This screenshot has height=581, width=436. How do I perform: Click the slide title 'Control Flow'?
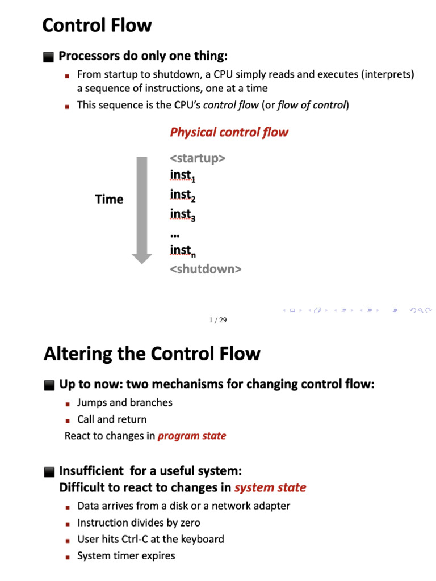(x=97, y=26)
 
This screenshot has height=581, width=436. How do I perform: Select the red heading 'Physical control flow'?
(x=229, y=132)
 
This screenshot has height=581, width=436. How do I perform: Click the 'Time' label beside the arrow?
(x=109, y=199)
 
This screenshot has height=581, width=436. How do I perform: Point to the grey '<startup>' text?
(x=198, y=158)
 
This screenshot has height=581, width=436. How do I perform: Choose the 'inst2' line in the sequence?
(x=182, y=195)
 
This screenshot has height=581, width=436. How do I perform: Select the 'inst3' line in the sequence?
(x=182, y=214)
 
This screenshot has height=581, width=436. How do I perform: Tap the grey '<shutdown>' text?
(x=206, y=269)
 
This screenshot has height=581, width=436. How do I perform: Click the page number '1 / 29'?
(x=217, y=320)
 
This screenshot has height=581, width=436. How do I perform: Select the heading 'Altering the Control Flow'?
(x=152, y=354)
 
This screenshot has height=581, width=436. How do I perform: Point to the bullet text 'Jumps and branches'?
(x=125, y=402)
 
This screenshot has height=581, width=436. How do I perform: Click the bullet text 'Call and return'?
(x=112, y=419)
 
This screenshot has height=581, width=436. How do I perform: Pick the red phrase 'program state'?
(x=192, y=436)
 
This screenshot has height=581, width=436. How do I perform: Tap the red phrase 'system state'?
(x=270, y=487)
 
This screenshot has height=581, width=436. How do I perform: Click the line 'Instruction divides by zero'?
(x=139, y=523)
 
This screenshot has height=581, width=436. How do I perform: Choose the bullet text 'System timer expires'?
(x=126, y=556)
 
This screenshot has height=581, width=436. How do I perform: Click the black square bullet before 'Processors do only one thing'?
(x=48, y=57)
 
